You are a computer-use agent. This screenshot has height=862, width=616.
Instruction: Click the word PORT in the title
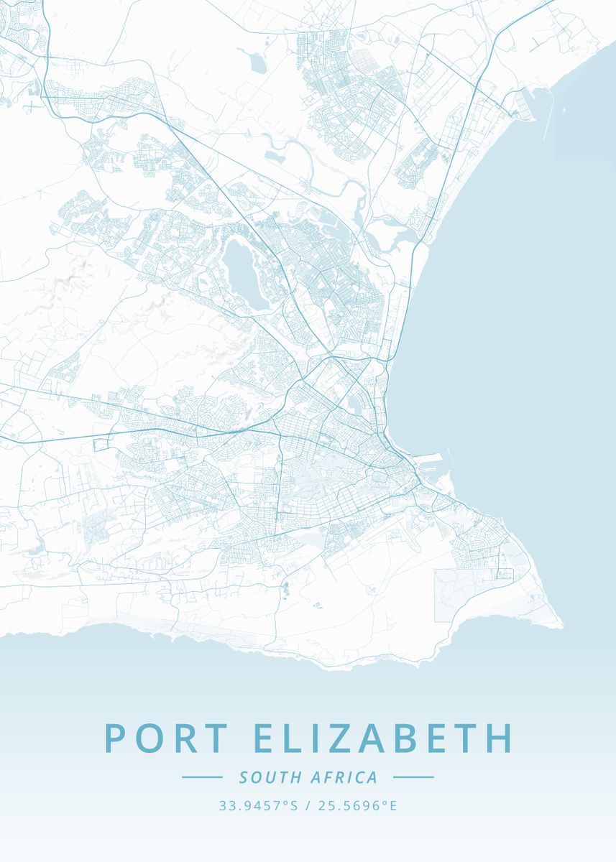167,738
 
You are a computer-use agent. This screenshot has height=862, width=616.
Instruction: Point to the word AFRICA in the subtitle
344,777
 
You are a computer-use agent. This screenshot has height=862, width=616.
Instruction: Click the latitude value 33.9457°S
258,806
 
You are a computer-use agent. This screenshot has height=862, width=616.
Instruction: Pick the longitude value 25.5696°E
357,806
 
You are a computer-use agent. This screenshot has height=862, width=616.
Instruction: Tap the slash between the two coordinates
307,806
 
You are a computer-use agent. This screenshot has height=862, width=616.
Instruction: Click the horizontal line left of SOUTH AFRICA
202,777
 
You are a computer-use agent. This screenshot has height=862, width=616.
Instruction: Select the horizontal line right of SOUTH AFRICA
413,777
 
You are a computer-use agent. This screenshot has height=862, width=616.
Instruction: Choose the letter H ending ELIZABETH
501,738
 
